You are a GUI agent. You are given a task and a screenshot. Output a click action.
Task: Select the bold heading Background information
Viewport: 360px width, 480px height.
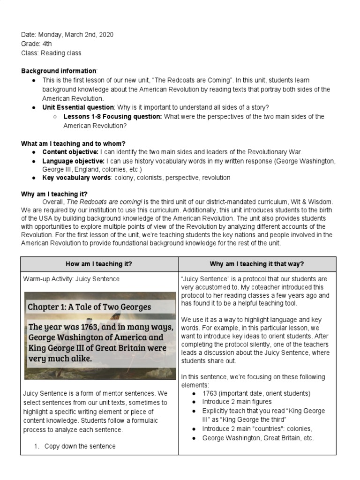59,71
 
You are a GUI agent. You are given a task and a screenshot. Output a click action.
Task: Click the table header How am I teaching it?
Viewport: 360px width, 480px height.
99,264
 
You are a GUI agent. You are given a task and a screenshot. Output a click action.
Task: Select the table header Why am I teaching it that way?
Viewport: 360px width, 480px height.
257,264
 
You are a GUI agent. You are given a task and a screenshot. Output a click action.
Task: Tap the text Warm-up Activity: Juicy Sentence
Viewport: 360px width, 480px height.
71,279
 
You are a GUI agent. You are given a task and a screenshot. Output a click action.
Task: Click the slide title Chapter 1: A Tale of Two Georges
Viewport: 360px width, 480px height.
89,307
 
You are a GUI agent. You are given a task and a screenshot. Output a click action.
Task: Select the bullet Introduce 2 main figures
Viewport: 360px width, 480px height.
237,402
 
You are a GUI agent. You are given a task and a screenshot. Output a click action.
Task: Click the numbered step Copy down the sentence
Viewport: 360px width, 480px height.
80,446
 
